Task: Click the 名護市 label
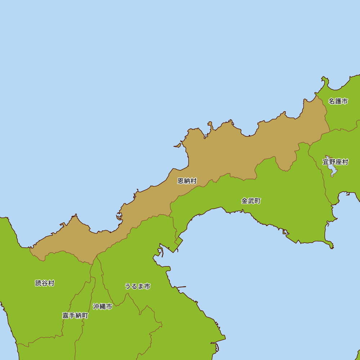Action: coord(338,101)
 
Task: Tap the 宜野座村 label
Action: coord(336,162)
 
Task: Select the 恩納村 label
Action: coord(187,181)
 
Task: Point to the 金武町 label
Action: coord(251,201)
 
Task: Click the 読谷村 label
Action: coord(45,283)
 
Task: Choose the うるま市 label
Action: coord(138,286)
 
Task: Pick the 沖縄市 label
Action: coord(103,306)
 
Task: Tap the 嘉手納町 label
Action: coord(75,315)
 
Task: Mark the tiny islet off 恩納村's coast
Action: coord(177,146)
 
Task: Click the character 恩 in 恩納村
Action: coord(181,181)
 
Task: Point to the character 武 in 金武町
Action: coord(251,201)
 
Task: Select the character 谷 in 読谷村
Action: coord(45,283)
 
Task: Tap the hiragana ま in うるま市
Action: coord(141,286)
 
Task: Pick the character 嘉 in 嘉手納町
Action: coord(66,315)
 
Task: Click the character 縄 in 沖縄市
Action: coord(103,306)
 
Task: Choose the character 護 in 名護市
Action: coord(338,101)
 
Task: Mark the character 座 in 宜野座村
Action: coord(339,162)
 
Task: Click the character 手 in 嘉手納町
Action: coord(72,315)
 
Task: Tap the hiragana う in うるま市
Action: coord(128,286)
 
